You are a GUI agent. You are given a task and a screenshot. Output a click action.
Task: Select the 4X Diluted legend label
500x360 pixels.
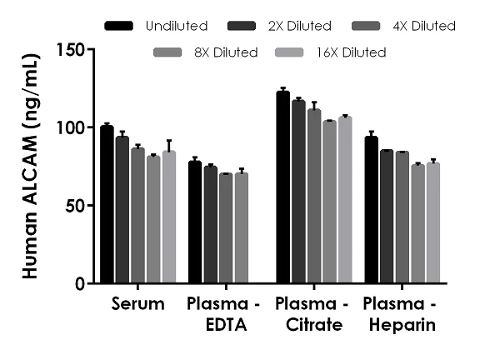point(424,27)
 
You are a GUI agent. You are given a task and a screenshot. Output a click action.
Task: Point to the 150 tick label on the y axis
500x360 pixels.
point(72,49)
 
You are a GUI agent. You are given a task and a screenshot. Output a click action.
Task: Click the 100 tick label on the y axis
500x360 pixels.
point(72,127)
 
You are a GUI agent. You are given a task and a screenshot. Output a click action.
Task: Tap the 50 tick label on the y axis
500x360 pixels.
point(77,205)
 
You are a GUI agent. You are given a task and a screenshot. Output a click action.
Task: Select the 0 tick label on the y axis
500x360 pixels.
point(81,283)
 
